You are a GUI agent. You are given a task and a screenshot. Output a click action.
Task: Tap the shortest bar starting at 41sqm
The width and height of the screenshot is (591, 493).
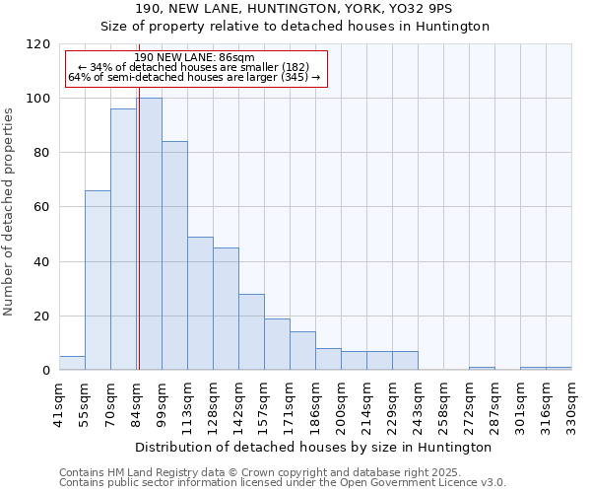pos(72,364)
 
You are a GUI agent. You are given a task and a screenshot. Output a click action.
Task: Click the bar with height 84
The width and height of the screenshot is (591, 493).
pos(174,256)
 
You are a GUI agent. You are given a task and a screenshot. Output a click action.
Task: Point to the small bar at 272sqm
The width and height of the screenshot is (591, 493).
pos(482,369)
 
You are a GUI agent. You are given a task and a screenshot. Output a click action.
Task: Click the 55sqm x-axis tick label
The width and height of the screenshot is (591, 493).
pos(86,402)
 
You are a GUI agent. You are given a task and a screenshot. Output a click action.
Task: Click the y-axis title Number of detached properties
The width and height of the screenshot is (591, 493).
pos(10,212)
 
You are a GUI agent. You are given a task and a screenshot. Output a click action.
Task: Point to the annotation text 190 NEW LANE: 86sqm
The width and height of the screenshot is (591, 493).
pos(195,58)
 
